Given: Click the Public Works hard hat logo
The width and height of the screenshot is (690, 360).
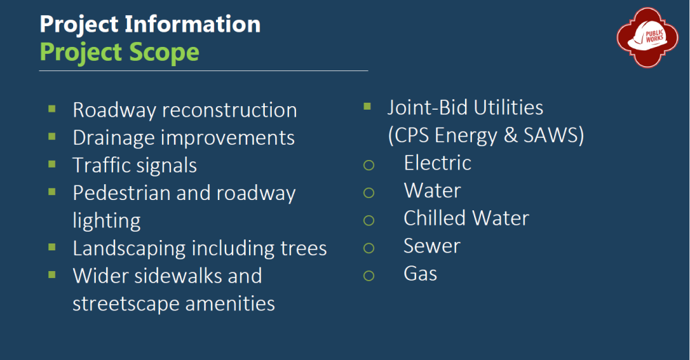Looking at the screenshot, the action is (647, 37).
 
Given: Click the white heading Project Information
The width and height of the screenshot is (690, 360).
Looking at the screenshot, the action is (150, 23).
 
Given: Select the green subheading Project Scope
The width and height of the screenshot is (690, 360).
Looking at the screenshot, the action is (119, 52).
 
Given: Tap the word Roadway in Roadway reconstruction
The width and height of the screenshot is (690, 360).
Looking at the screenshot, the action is (115, 110).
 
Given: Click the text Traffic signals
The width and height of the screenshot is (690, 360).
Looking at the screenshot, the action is (135, 166).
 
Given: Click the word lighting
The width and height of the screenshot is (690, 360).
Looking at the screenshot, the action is (106, 221).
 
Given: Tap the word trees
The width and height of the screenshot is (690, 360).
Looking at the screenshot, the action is (304, 249).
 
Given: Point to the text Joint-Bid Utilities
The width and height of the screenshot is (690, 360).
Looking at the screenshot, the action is (465, 108).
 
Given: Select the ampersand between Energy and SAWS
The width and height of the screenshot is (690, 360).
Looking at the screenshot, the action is (511, 136).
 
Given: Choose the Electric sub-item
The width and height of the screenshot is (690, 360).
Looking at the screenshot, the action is (437, 163).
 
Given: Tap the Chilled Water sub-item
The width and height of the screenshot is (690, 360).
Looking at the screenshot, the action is (466, 219).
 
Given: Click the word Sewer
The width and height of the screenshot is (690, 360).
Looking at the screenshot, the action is (432, 246).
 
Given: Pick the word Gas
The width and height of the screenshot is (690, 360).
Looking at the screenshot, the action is (420, 274).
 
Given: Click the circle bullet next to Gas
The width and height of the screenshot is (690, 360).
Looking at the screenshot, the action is (368, 276).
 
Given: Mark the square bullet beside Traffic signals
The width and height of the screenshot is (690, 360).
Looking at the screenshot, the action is (52, 164).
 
